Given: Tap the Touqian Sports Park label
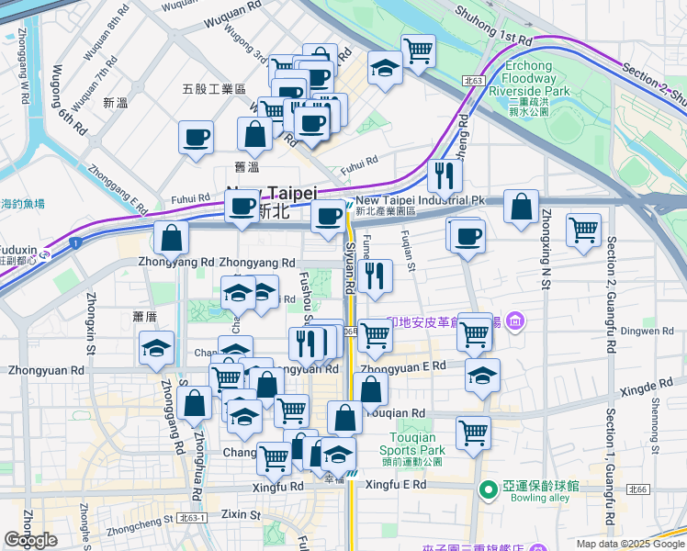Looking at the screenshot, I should tap(416, 444).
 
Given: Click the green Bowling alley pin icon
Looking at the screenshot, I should tap(487, 487).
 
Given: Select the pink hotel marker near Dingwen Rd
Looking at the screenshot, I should tap(515, 320).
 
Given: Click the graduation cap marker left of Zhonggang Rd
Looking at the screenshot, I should tap(156, 348).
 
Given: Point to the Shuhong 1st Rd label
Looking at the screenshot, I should tap(495, 39).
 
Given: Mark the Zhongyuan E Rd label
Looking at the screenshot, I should tap(403, 366).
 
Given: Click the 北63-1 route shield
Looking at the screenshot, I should tap(193, 519).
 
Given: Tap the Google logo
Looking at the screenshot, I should tap(31, 540).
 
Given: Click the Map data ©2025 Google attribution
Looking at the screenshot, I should tap(629, 544).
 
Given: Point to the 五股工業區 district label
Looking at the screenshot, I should tap(214, 89).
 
